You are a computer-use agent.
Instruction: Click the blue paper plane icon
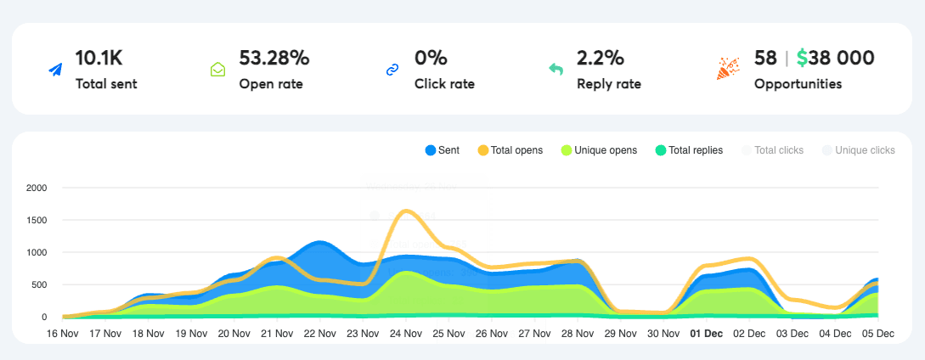[55, 70]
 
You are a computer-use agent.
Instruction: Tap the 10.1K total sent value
[99, 58]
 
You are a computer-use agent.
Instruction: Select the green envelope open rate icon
[218, 70]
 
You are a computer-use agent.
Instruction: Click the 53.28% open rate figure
[274, 58]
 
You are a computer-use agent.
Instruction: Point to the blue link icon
[392, 70]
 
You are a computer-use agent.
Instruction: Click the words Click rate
[444, 84]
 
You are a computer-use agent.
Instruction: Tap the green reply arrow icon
[556, 70]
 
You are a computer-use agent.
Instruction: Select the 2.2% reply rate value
[601, 58]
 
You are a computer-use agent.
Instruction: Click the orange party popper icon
[728, 69]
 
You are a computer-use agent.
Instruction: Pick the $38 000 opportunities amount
[836, 58]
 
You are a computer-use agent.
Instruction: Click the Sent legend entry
[443, 150]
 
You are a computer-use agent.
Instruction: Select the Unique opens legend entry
[599, 150]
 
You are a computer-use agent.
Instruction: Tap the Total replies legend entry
[689, 150]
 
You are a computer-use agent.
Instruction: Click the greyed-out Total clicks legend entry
[773, 150]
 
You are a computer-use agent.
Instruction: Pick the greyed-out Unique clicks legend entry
[859, 150]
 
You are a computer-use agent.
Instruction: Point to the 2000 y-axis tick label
[37, 188]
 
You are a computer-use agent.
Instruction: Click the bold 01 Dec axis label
[706, 334]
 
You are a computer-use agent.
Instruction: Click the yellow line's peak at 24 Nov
[407, 211]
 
